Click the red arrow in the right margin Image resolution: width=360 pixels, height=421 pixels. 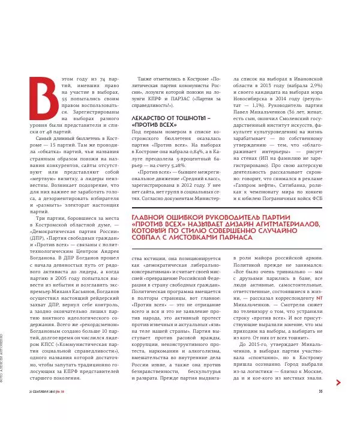pos(339,383)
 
